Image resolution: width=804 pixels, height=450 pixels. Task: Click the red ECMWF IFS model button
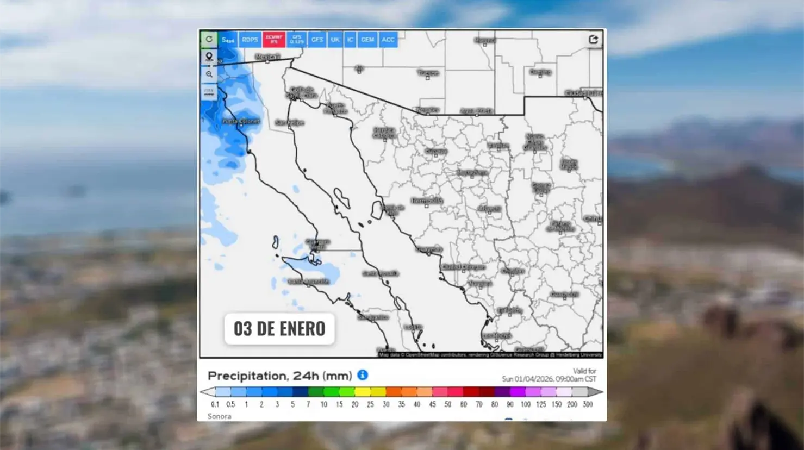(274, 40)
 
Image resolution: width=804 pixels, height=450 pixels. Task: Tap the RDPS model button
(250, 40)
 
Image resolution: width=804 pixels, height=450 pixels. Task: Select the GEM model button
(367, 40)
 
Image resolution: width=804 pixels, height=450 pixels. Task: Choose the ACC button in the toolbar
(388, 40)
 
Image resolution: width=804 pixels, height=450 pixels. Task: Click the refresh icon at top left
(209, 39)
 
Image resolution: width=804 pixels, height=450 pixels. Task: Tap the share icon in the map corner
(593, 39)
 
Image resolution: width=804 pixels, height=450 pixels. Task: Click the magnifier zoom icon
(209, 74)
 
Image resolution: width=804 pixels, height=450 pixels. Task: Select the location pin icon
(209, 57)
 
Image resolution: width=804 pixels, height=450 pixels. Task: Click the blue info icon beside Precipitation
(363, 375)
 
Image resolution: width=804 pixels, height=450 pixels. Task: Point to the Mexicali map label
(267, 57)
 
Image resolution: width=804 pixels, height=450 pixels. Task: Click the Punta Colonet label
(241, 121)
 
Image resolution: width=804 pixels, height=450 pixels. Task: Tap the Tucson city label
(428, 73)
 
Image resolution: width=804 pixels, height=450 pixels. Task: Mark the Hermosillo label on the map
(427, 201)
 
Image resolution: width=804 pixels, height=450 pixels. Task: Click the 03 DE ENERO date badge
(279, 329)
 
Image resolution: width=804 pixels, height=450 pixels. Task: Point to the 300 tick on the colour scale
(588, 404)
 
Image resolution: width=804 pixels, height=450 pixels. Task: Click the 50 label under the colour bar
(448, 404)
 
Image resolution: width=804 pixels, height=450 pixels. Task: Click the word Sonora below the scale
(219, 416)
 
